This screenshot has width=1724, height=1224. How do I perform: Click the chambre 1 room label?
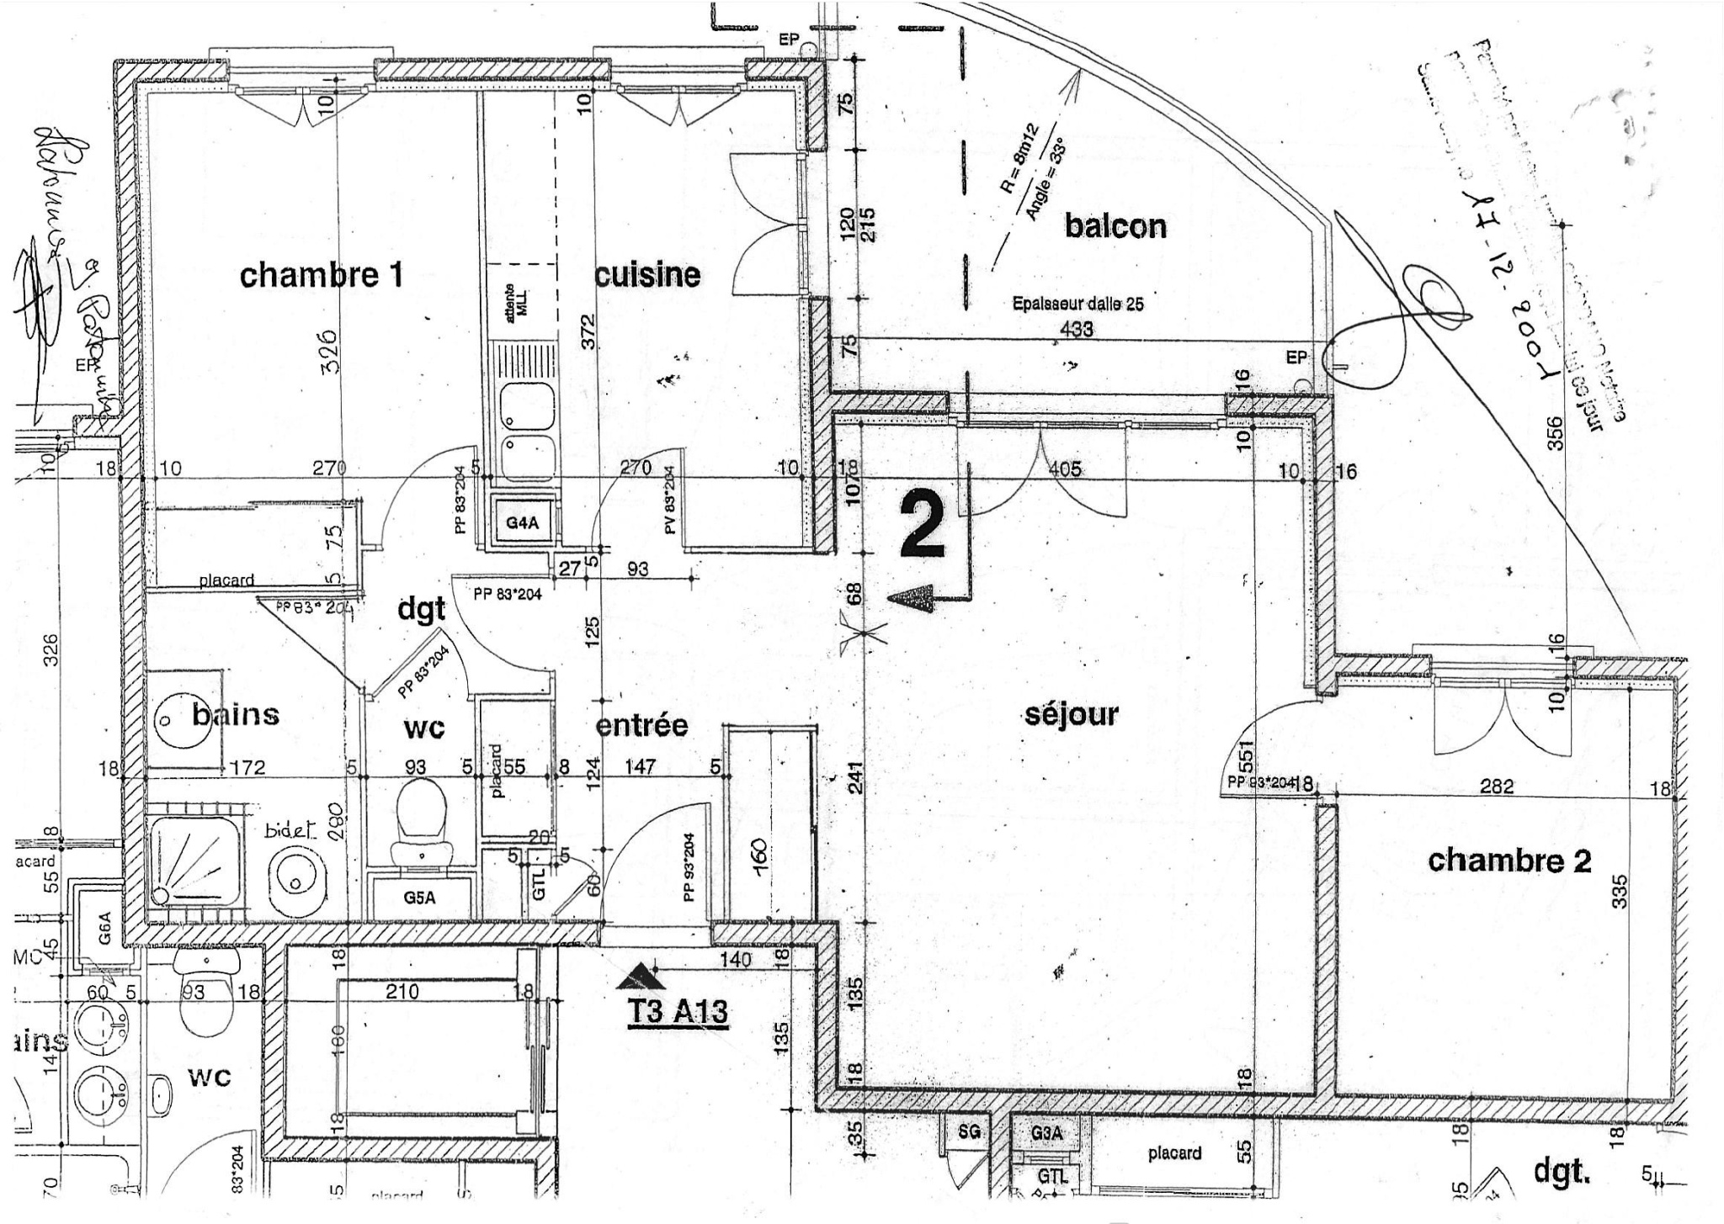coord(321,276)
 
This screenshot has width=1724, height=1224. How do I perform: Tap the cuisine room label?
coord(647,275)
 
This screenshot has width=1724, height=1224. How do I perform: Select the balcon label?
coord(1115,225)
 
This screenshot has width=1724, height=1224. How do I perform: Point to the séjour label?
coord(1072,715)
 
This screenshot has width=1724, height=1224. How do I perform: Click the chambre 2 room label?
coord(1509,861)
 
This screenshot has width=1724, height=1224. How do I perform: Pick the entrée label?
coord(641,724)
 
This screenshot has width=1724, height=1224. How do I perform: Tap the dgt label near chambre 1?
coord(421,608)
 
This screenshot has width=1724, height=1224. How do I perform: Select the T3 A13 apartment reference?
coord(678,1011)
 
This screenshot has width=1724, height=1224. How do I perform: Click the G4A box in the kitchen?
coord(522,523)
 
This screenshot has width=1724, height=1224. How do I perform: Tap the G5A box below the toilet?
coord(419,897)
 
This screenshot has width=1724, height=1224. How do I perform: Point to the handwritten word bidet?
coord(288,830)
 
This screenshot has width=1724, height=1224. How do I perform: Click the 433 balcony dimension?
coord(1077,329)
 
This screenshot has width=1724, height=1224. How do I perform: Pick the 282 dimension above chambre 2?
coord(1496,787)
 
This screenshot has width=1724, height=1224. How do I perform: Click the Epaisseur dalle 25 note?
coord(1077,305)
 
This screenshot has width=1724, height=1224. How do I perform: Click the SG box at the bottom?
coord(969,1132)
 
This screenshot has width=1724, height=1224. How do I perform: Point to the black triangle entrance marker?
coord(641,976)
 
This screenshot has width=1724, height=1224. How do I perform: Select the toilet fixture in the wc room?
coord(421,816)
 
